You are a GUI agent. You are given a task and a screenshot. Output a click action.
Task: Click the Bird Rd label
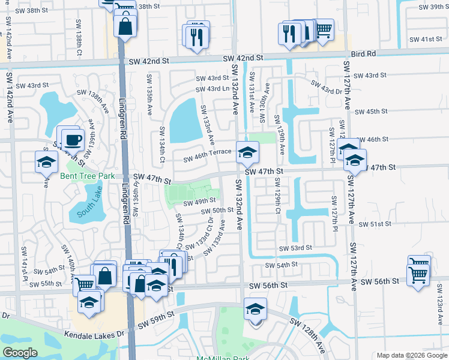364,54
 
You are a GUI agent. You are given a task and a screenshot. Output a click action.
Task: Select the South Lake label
90,201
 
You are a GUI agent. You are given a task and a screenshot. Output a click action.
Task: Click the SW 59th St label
156,320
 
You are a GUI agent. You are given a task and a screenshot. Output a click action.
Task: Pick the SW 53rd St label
295,248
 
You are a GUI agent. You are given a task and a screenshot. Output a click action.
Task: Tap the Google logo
20,353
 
